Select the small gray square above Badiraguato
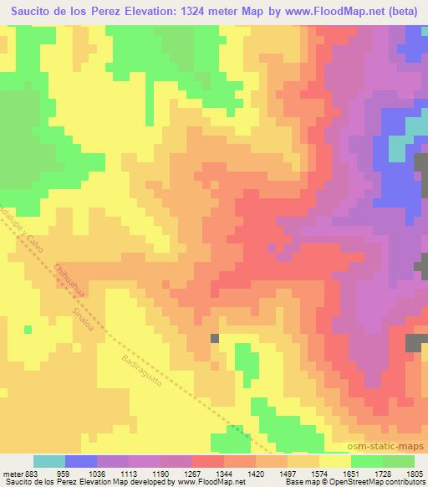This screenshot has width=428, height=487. [x=215, y=338]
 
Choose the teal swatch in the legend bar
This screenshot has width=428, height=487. [x=49, y=461]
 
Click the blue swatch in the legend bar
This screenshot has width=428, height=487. [x=81, y=461]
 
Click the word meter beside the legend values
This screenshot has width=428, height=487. [x=13, y=474]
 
